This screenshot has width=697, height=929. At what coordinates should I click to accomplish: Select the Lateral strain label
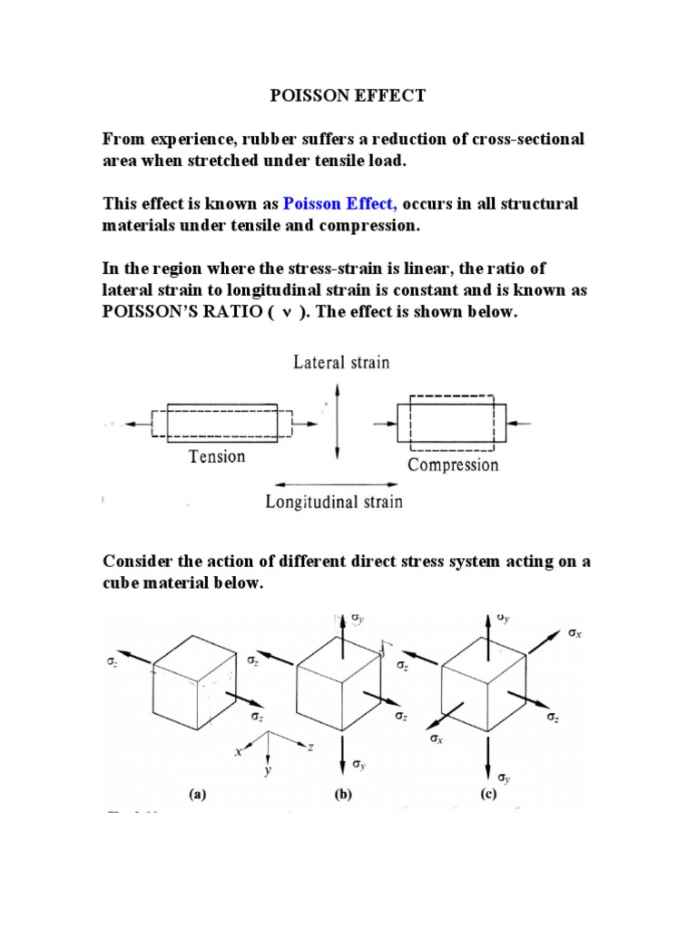click(340, 363)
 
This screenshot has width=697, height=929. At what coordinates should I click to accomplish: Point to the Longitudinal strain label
click(334, 501)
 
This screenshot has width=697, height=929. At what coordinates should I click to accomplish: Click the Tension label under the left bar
click(217, 456)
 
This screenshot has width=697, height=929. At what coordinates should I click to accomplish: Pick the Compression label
click(453, 465)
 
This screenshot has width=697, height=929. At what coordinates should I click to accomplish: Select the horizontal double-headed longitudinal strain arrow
click(334, 483)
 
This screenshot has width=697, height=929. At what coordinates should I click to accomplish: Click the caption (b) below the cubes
click(342, 795)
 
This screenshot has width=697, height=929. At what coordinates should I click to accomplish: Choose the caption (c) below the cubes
click(488, 795)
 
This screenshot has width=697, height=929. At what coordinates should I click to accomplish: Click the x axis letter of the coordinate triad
click(239, 752)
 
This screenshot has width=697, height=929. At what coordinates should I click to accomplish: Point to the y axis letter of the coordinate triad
click(269, 771)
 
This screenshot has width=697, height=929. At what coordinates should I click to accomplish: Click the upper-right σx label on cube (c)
click(575, 633)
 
